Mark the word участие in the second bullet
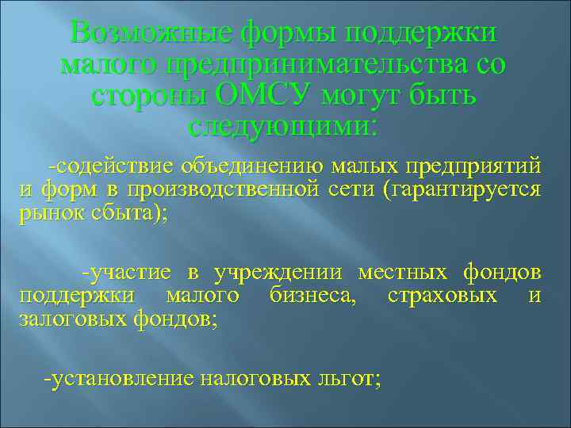[x=132, y=273]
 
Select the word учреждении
[x=278, y=273]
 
